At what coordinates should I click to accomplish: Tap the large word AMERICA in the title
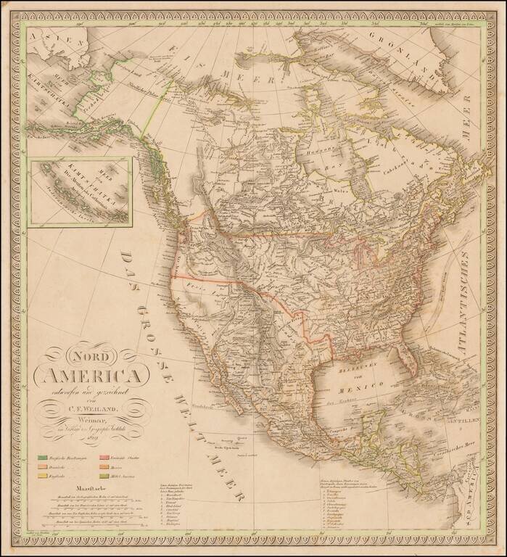91,376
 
